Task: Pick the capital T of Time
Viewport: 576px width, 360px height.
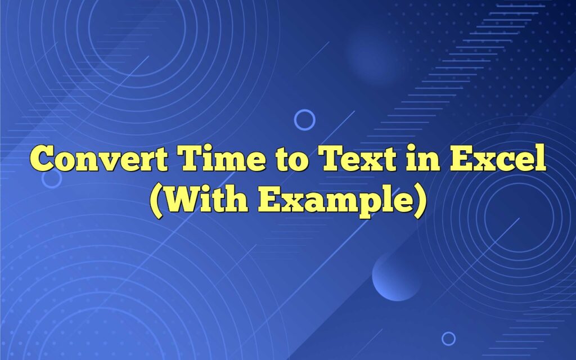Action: [192, 160]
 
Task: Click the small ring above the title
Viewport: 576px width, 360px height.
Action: [305, 120]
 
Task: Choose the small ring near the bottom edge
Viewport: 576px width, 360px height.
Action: [448, 338]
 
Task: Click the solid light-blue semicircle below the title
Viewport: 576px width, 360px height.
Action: [396, 278]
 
